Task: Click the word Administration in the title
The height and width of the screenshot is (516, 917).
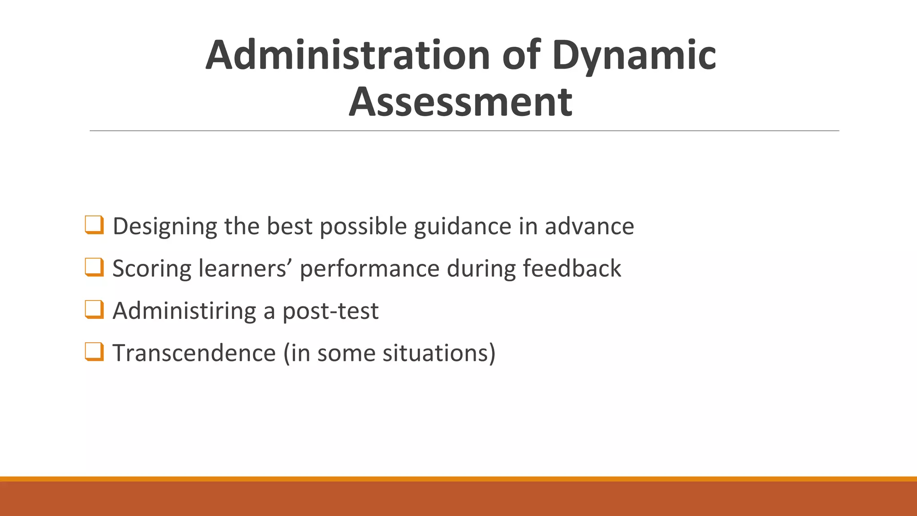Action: [x=348, y=55]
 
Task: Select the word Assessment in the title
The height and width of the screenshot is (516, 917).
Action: [x=460, y=102]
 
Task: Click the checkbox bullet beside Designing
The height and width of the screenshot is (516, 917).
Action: [x=94, y=225]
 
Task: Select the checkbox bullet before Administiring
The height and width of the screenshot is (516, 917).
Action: [x=94, y=310]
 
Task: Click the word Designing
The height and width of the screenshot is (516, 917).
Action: [x=165, y=227]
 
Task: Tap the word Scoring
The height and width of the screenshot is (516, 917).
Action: [x=152, y=269]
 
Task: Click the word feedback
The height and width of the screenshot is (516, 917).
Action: [x=572, y=269]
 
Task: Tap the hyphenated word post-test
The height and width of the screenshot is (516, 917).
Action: [x=330, y=311]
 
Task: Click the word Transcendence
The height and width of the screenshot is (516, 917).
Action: [x=194, y=353]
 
